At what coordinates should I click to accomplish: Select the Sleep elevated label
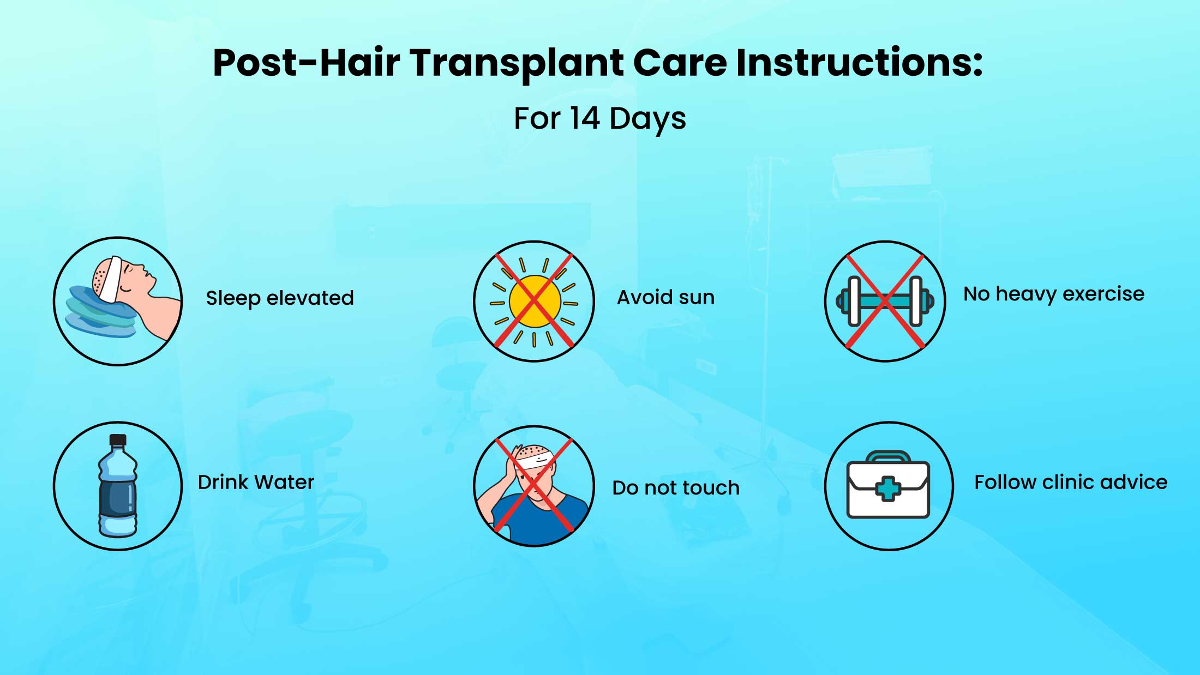(280, 298)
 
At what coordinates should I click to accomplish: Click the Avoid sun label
(665, 297)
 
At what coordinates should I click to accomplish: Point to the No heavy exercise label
(1054, 294)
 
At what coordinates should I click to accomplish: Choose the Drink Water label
(256, 482)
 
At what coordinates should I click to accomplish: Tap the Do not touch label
(676, 487)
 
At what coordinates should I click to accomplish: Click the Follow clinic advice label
(1071, 482)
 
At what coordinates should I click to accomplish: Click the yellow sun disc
(535, 302)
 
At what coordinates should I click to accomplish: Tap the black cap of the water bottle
(118, 441)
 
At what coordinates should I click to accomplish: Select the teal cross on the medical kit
(888, 489)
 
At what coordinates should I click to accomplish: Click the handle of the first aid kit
(888, 457)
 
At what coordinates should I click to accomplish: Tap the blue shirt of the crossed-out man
(537, 518)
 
